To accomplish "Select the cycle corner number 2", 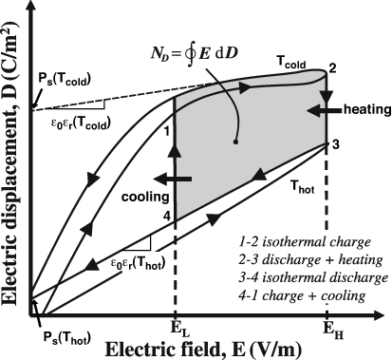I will tap(331, 68).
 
